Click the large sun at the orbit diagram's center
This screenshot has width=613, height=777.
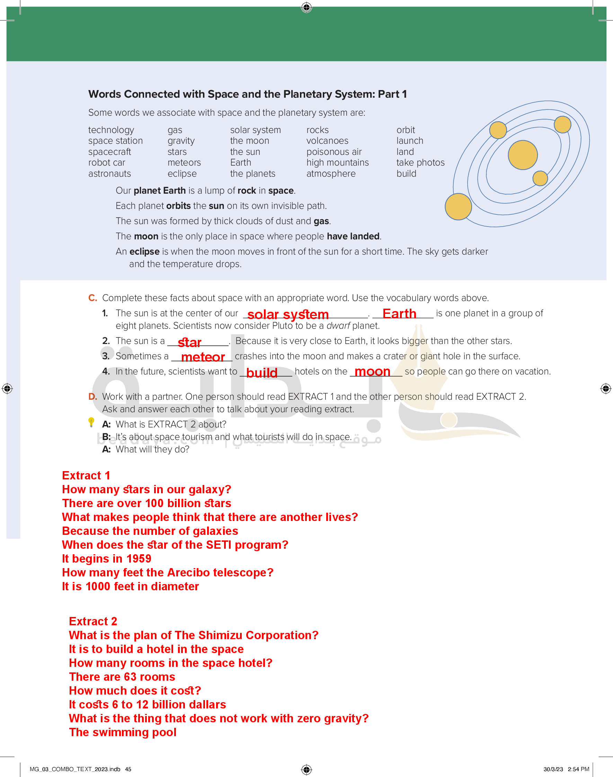click(x=523, y=155)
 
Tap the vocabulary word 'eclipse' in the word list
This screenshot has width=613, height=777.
click(x=182, y=174)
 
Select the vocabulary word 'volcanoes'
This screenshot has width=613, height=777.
click(x=327, y=141)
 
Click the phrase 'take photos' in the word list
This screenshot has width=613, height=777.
click(x=420, y=162)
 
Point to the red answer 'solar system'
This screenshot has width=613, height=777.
click(x=288, y=315)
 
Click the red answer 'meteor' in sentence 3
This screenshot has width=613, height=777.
click(x=203, y=357)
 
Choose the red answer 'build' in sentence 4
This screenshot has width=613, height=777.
click(x=261, y=373)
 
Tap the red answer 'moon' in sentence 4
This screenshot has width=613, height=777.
click(x=372, y=371)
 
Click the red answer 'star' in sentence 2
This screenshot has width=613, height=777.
click(x=189, y=343)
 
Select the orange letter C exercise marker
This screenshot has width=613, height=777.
click(x=92, y=298)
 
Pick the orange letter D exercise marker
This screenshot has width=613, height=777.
click(x=92, y=397)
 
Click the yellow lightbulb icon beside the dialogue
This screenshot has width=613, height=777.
click(x=91, y=422)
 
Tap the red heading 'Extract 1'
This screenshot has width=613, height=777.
click(x=86, y=476)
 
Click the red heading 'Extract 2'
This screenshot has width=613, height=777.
click(x=93, y=621)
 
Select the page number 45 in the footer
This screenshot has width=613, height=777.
click(x=128, y=769)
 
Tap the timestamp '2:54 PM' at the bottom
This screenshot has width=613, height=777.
click(x=578, y=769)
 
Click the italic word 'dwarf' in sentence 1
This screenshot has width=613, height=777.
click(x=338, y=326)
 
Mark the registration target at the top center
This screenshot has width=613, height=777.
click(x=306, y=7)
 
